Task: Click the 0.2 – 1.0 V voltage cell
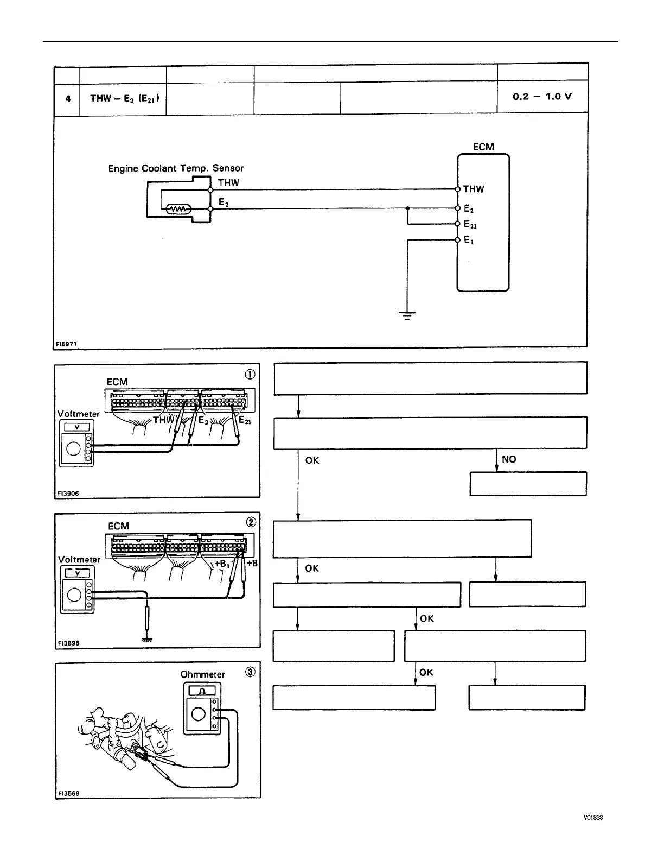(x=542, y=97)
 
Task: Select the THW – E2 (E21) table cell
(x=124, y=98)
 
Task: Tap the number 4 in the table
(x=68, y=99)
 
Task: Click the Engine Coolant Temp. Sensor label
(x=176, y=168)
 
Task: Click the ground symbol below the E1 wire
(x=407, y=314)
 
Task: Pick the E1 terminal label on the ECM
(x=469, y=240)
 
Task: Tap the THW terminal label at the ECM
(x=473, y=189)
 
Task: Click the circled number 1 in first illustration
(x=251, y=374)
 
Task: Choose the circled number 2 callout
(x=251, y=522)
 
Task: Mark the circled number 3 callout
(x=250, y=672)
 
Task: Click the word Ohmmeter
(x=202, y=674)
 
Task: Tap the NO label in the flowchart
(x=509, y=459)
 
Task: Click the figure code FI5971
(x=67, y=343)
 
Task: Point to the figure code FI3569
(x=68, y=793)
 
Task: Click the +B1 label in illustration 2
(x=222, y=564)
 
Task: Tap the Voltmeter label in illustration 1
(x=79, y=414)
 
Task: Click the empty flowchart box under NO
(x=528, y=484)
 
